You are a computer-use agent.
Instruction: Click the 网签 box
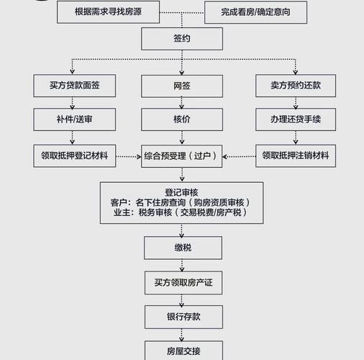182,86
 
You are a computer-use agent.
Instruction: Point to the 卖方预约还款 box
295,86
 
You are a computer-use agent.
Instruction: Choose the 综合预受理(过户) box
182,155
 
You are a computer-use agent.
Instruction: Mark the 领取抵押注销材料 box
295,155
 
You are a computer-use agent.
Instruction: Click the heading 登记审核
182,193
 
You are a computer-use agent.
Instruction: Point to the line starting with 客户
182,203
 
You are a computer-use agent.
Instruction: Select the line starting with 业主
182,213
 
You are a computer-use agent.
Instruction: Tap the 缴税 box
182,248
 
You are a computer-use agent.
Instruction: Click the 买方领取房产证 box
182,282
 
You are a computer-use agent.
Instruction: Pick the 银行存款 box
182,317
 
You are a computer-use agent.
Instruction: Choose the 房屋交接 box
182,351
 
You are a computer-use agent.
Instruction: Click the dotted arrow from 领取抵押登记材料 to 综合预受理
127,156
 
